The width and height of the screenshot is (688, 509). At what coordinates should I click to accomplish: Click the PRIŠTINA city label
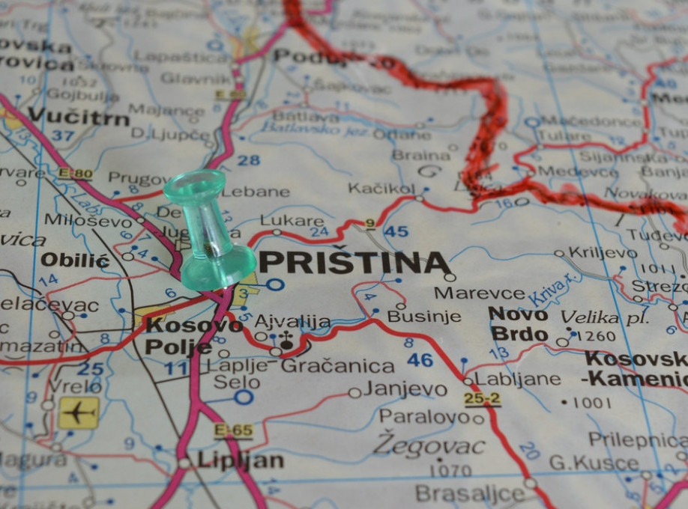(354, 263)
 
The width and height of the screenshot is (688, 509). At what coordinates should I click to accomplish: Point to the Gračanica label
(337, 366)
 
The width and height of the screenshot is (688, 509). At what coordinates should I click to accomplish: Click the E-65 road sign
(233, 431)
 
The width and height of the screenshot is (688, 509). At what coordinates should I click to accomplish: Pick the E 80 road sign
(75, 174)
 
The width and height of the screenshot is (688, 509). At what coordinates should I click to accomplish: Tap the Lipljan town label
(240, 460)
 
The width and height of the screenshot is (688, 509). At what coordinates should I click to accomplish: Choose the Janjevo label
(405, 390)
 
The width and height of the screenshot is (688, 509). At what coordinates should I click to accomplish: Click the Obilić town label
(75, 261)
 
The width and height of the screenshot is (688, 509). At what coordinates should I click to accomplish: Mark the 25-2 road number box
(482, 398)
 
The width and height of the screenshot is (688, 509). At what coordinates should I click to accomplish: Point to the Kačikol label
(381, 188)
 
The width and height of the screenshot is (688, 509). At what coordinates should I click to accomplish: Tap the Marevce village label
(480, 293)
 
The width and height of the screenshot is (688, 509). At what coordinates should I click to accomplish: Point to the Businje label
(423, 316)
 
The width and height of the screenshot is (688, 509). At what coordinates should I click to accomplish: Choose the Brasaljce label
(470, 494)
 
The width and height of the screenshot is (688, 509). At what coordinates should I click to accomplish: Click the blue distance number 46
(420, 360)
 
